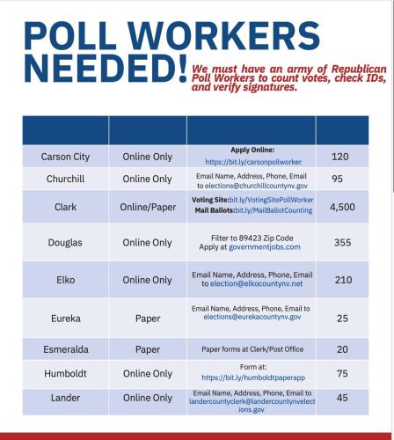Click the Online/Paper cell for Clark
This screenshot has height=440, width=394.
(x=147, y=207)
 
